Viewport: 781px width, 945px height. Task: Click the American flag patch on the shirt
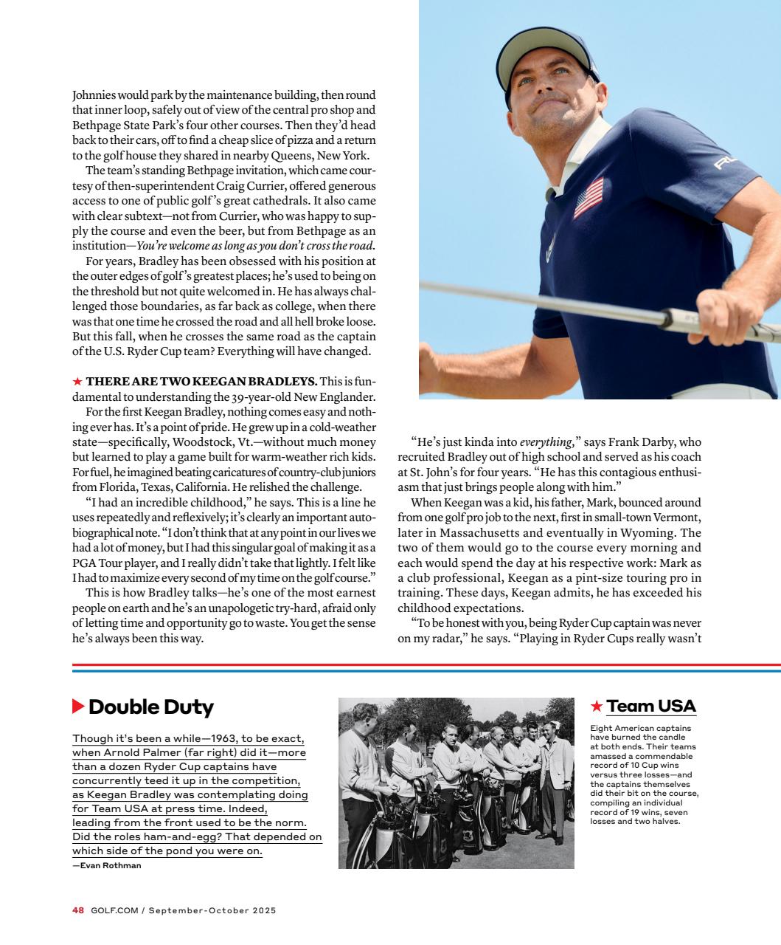(588, 198)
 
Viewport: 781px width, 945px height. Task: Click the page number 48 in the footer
(78, 910)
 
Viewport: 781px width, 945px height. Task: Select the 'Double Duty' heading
(150, 707)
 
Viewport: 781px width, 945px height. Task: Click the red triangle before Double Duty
(78, 707)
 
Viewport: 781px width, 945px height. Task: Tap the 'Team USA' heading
(650, 706)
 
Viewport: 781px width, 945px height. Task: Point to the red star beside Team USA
(597, 707)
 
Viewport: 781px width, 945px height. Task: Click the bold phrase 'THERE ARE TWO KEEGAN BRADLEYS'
(201, 381)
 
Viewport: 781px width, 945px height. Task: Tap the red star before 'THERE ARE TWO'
(77, 381)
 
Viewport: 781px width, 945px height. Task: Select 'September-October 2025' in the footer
(212, 910)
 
